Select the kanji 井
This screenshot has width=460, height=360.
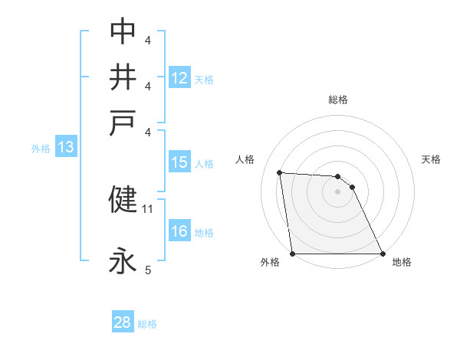pos(123,77)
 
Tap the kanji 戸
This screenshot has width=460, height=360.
pos(123,124)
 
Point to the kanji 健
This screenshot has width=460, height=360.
pos(123,199)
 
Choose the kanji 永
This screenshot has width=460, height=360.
pos(123,262)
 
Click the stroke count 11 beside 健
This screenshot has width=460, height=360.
pos(148,208)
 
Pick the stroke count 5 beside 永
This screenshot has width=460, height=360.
pos(148,270)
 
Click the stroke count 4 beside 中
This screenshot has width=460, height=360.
pos(148,39)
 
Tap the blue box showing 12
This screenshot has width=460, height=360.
pos(179,77)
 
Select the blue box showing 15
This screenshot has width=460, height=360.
pos(179,162)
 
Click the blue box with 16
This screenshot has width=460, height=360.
pos(179,232)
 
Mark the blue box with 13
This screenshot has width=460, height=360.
pos(65,148)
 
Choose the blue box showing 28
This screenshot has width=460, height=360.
pos(123,322)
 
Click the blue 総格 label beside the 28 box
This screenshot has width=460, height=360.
pos(147,324)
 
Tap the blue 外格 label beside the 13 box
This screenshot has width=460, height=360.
pos(41,149)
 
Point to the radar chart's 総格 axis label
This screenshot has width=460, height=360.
pos(338,100)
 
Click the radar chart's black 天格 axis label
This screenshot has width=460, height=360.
pos(432,159)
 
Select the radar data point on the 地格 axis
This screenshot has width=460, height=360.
pos(383,254)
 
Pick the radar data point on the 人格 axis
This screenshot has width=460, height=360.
pos(280,172)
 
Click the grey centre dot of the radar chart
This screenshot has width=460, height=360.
pos(337,191)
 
